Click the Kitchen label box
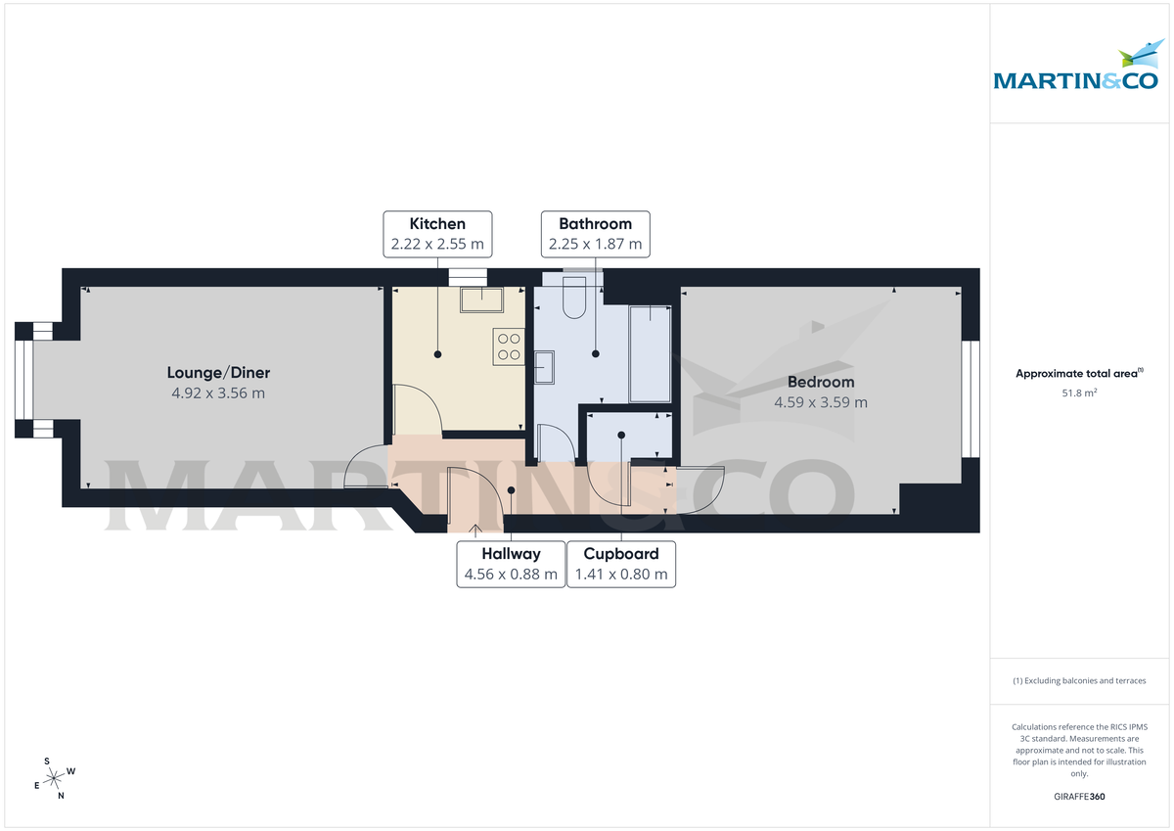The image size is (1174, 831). coord(437,234)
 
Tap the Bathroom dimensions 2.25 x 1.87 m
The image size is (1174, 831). coord(595,245)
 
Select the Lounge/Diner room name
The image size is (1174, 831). coord(218,373)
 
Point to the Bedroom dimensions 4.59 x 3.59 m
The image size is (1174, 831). coord(821,402)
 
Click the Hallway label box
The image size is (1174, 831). coord(511,564)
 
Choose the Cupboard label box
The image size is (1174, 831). coord(621,564)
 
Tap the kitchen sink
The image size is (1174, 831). coord(481,298)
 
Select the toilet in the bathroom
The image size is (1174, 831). coord(574,300)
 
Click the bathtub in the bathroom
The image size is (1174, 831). coord(651,353)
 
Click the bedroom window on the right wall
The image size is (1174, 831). coord(970,397)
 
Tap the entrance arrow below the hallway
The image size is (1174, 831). coord(476,531)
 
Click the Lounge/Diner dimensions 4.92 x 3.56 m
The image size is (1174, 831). coord(218,393)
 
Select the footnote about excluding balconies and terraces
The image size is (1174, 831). coord(1079,680)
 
